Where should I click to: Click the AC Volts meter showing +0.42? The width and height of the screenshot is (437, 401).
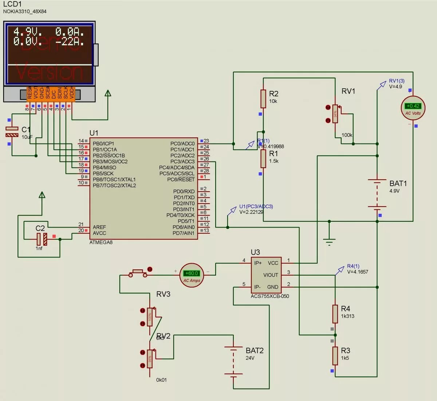(x=413, y=108)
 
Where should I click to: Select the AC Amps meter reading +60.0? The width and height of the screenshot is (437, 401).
(x=192, y=275)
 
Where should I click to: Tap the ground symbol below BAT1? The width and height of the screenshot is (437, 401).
(x=329, y=241)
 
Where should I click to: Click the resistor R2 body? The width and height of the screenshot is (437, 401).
(x=263, y=99)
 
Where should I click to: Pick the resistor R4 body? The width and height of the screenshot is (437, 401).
(x=335, y=314)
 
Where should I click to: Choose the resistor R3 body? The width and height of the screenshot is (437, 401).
(x=335, y=356)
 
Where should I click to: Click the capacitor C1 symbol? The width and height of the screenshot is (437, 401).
(x=12, y=132)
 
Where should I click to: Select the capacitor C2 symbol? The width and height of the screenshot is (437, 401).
(x=42, y=239)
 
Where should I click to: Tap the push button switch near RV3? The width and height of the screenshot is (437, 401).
(x=138, y=273)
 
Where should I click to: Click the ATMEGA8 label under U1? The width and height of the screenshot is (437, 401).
(x=101, y=242)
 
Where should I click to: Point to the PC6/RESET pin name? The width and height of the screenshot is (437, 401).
(x=181, y=180)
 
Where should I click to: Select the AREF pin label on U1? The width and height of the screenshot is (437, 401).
(x=99, y=227)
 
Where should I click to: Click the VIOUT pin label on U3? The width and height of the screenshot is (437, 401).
(x=270, y=275)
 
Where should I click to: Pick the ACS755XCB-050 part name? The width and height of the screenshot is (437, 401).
(x=269, y=296)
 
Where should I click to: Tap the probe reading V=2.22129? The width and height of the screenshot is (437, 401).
(x=251, y=212)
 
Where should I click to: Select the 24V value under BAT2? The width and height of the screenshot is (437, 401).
(x=250, y=358)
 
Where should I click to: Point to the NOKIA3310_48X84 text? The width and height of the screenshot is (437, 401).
(x=25, y=11)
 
